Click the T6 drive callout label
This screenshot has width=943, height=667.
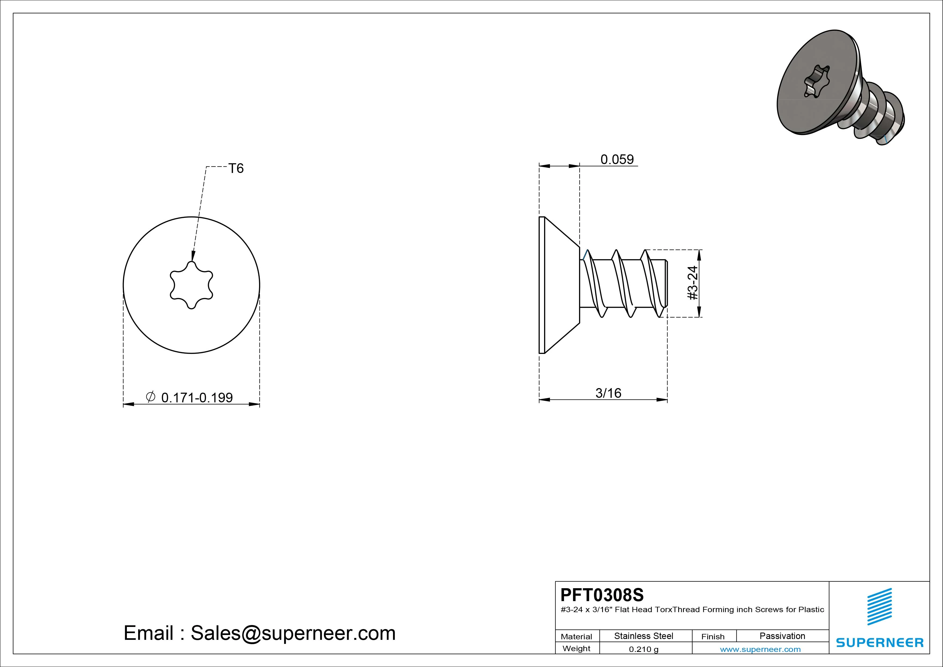[236, 168]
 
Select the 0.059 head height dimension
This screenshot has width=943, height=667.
[617, 159]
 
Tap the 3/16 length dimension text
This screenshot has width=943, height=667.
[608, 393]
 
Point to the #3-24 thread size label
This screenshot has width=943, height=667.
[693, 283]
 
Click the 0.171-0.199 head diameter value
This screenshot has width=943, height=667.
[197, 398]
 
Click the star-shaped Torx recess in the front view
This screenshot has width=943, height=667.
[191, 285]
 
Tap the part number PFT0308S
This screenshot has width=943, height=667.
[602, 595]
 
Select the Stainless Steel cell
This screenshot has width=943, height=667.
[644, 636]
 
